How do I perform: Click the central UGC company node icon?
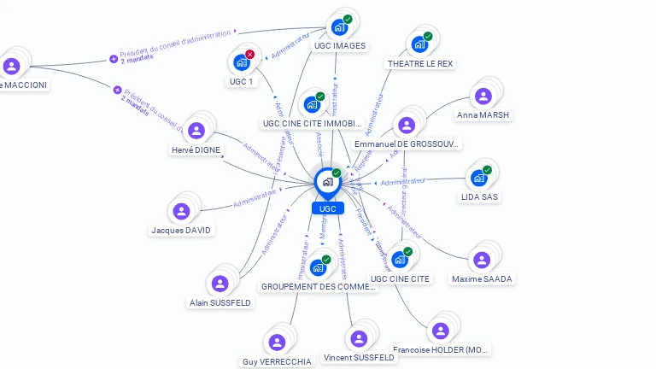point(327,181)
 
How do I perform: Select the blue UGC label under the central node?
point(327,208)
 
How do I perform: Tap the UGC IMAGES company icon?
point(340,26)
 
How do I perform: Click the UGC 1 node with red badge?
point(241,62)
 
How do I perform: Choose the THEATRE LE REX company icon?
point(419,44)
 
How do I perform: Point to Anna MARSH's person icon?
point(483,97)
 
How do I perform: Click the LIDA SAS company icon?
point(478,178)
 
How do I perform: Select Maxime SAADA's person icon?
point(482,260)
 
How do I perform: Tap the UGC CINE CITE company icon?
point(400,259)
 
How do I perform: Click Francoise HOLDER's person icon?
point(441,331)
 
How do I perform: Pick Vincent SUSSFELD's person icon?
point(359,338)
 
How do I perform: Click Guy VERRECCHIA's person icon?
point(277,343)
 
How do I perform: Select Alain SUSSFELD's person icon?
point(220,283)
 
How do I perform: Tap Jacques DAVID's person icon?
point(181,211)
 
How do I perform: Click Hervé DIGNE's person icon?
point(196,130)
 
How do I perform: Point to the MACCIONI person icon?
point(11,66)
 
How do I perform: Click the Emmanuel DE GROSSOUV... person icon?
point(407,125)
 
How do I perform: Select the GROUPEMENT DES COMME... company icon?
point(318,267)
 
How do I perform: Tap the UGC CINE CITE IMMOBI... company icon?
point(312,104)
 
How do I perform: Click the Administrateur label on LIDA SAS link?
point(402,182)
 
